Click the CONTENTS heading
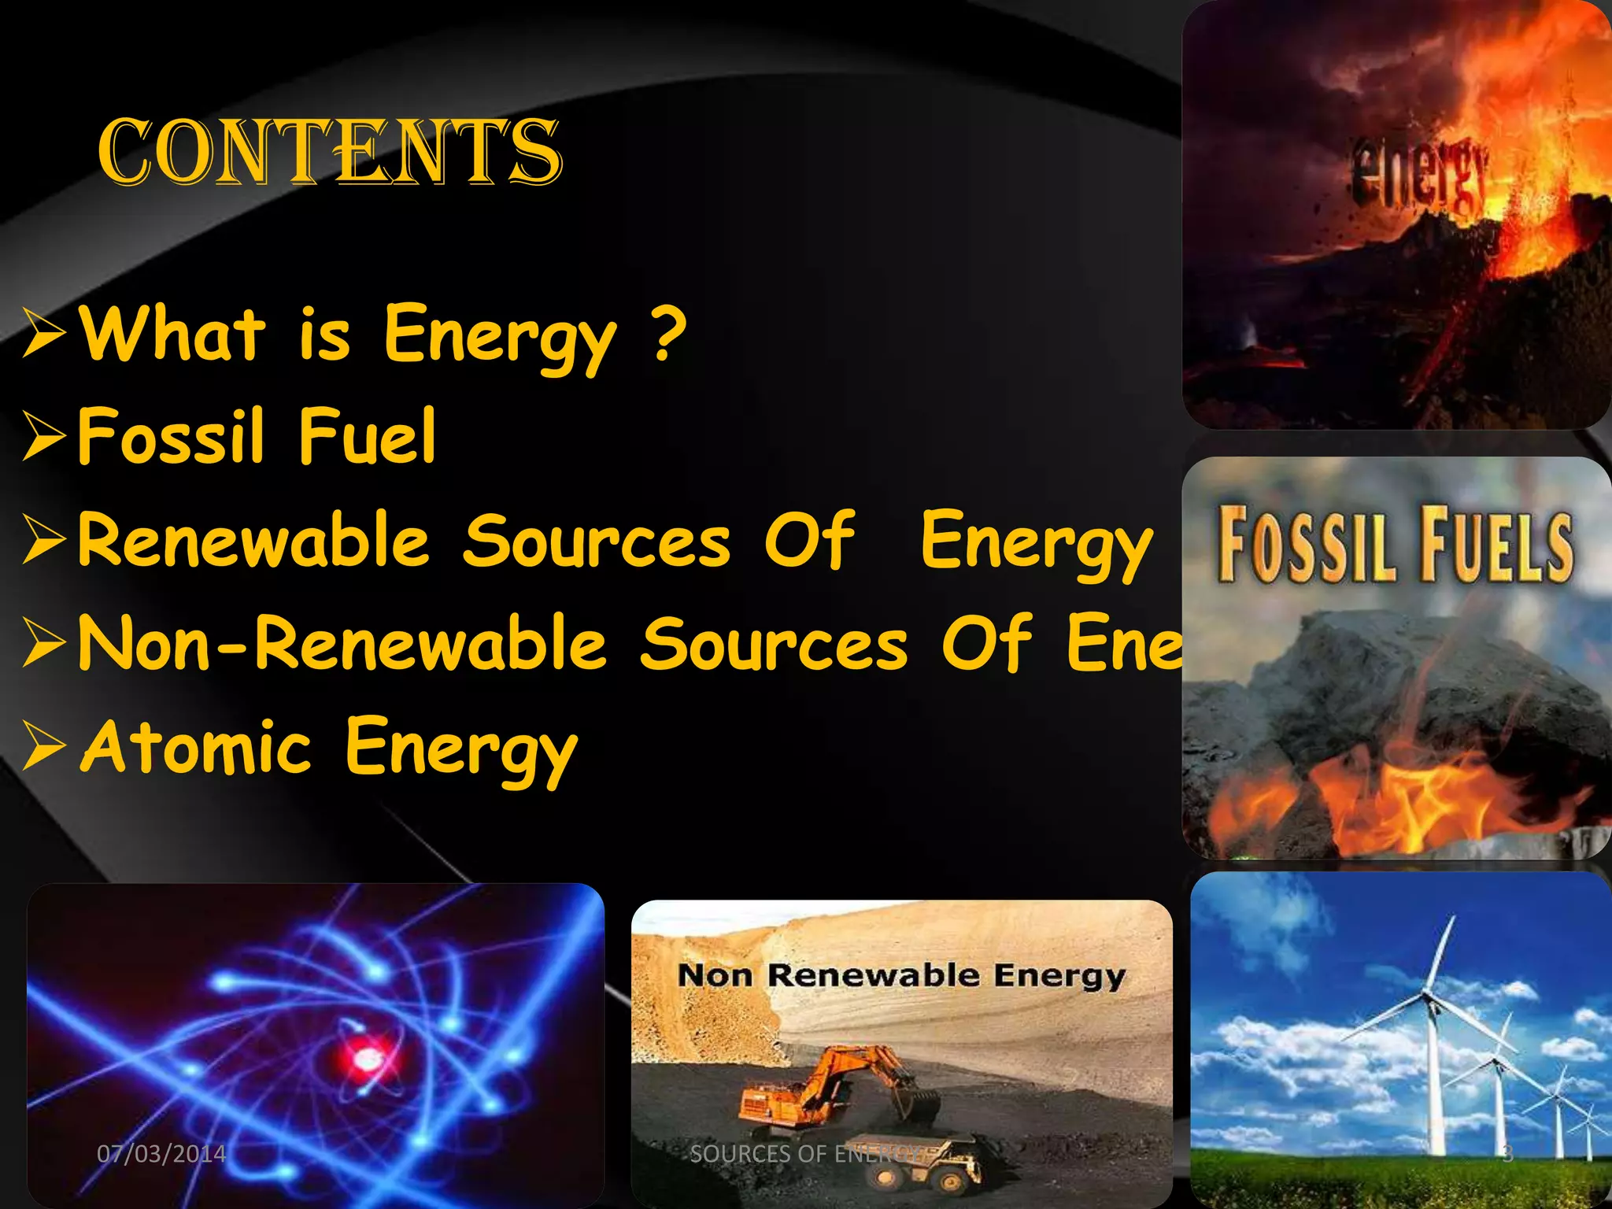coord(330,153)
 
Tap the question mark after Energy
coord(670,335)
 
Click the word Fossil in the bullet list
coord(170,436)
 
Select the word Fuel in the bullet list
coord(367,436)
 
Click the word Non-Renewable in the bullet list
coord(342,644)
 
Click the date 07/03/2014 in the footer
coord(161,1154)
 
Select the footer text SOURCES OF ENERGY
coord(811,1154)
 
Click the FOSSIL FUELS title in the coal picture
coord(1395,545)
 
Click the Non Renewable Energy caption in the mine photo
coord(902,976)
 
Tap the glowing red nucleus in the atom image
coord(367,1060)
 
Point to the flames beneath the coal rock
coord(1385,803)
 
